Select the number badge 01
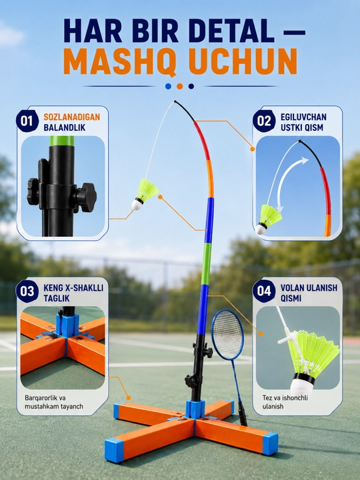(x=27, y=121)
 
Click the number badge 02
(x=264, y=121)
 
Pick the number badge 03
(x=27, y=291)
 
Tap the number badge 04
(x=264, y=291)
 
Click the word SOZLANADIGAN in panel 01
(x=72, y=117)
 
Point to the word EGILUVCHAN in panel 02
(x=304, y=117)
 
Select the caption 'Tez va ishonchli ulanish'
(x=285, y=402)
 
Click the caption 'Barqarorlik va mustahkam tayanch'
(x=54, y=402)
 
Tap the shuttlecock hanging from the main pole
(x=144, y=195)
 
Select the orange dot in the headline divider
(x=180, y=86)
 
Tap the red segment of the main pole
(x=203, y=140)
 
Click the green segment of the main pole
(x=206, y=264)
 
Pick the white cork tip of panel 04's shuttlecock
(x=301, y=385)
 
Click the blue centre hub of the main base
(x=195, y=409)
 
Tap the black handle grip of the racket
(x=243, y=414)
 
